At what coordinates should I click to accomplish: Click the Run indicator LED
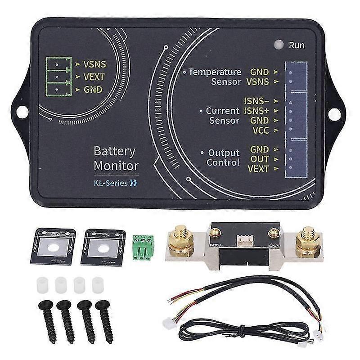point(279,45)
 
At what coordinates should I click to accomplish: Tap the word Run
point(297,45)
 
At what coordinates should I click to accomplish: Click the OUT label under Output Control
point(260,159)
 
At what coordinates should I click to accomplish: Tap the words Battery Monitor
point(116,158)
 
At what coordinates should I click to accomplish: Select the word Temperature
point(215,72)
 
